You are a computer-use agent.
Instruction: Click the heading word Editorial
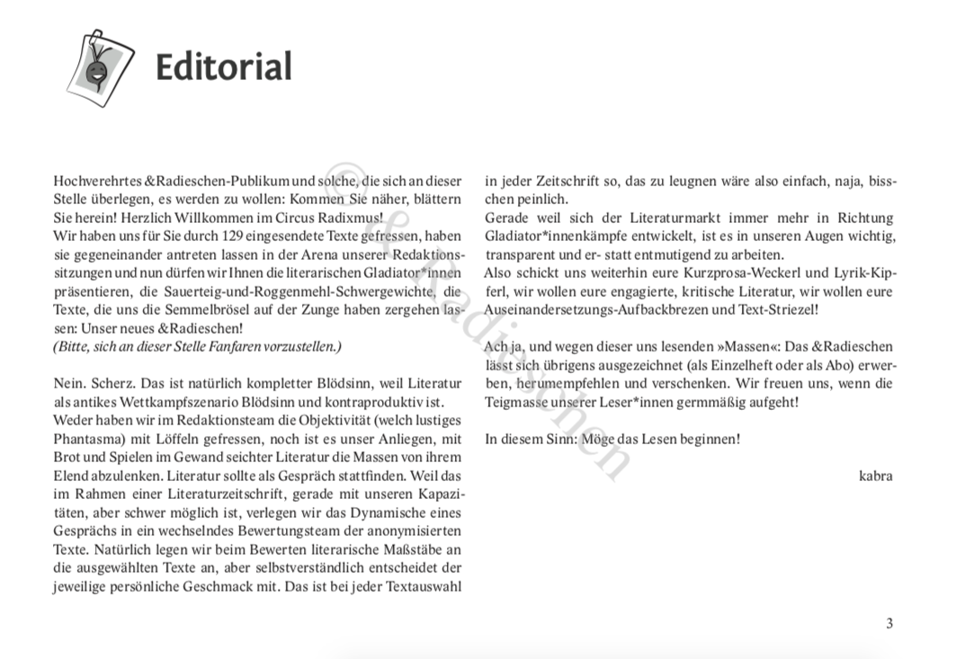coord(224,67)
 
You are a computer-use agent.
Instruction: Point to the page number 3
coord(889,623)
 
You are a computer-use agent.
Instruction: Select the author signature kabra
coord(875,476)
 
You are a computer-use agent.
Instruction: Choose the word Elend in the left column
coord(70,476)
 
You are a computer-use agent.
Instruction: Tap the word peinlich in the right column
coord(542,200)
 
